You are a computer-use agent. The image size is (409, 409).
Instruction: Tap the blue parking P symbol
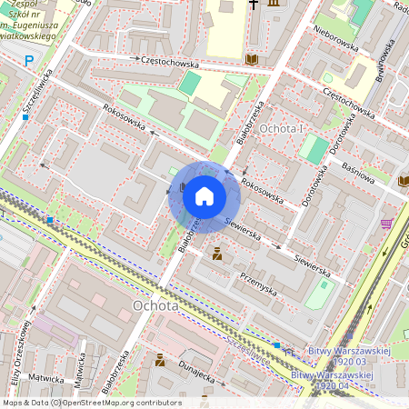[29, 61]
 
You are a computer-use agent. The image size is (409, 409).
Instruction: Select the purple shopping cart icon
[386, 224]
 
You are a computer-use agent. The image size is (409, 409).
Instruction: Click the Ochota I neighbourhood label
[281, 130]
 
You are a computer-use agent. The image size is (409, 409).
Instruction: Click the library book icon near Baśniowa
[403, 181]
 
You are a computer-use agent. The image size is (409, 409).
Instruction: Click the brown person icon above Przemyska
[217, 255]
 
